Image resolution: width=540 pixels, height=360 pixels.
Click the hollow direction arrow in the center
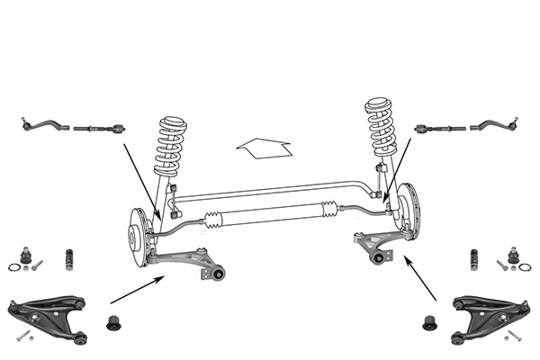[263, 147]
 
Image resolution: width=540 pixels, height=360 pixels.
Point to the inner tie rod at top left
[99, 128]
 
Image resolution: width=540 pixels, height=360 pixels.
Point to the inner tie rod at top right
[440, 129]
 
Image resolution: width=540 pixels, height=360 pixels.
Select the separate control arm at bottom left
[49, 315]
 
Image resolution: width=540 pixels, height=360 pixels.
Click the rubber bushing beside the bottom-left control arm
[114, 321]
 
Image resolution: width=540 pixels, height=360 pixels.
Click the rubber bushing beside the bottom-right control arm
[430, 321]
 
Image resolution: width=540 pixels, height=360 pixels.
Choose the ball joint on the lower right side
[513, 256]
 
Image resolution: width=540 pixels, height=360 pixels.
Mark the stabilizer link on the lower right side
[473, 260]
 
